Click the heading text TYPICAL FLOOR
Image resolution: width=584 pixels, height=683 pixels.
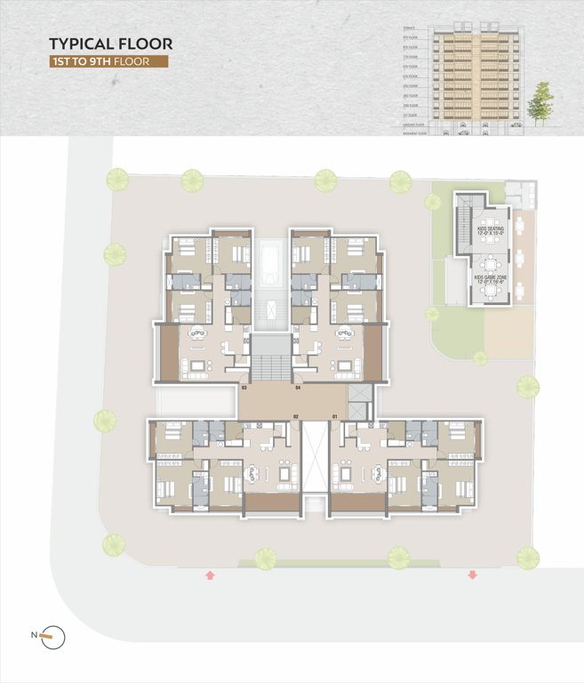tap(110, 44)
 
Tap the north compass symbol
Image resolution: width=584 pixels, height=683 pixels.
tap(55, 635)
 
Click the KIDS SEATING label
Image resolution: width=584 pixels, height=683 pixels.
tap(489, 230)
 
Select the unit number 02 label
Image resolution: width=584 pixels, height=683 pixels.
tap(298, 416)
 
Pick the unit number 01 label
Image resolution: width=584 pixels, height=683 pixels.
tap(335, 416)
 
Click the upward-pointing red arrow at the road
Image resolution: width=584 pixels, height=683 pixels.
tap(210, 575)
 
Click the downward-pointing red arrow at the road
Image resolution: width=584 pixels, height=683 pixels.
tap(472, 575)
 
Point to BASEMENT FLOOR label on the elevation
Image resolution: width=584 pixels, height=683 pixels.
tap(414, 134)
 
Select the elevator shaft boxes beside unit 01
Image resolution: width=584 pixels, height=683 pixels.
tap(358, 403)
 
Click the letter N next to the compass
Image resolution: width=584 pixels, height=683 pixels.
tap(35, 635)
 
